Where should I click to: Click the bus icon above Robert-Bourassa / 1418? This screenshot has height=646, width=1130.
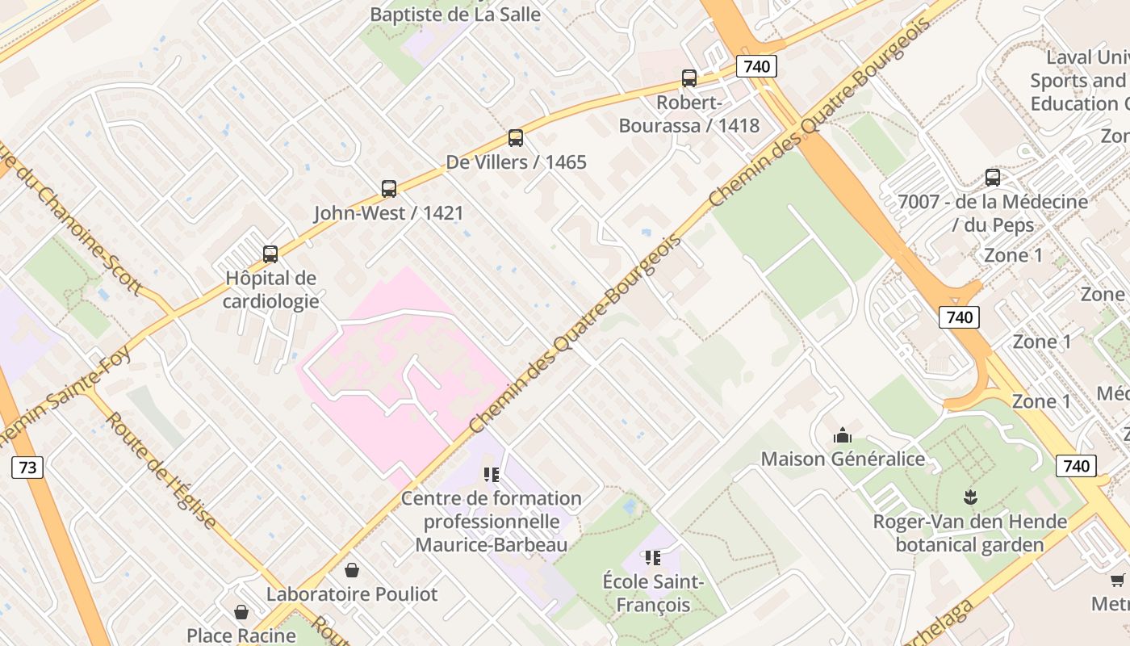688,78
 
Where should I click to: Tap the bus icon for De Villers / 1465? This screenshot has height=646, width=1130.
516,138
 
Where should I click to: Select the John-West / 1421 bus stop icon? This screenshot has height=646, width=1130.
389,189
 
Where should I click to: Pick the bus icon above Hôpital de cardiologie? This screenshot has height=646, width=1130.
270,254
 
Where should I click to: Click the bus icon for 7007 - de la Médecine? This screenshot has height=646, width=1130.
993,178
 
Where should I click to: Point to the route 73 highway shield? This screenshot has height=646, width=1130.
27,468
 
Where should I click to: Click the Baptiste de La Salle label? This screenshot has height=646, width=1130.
455,15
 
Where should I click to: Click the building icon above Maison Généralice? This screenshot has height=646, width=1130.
843,436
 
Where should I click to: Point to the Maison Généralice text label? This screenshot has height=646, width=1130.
843,459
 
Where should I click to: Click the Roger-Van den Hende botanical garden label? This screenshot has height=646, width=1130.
969,533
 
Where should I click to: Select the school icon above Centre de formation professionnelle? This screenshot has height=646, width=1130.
492,475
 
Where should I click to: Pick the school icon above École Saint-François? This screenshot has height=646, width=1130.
653,558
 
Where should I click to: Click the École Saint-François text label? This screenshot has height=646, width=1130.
653,593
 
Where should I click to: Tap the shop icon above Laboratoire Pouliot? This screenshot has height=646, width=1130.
352,571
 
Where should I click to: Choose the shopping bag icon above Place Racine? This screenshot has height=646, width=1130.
241,613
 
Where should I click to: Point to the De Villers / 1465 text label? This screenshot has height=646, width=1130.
516,161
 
